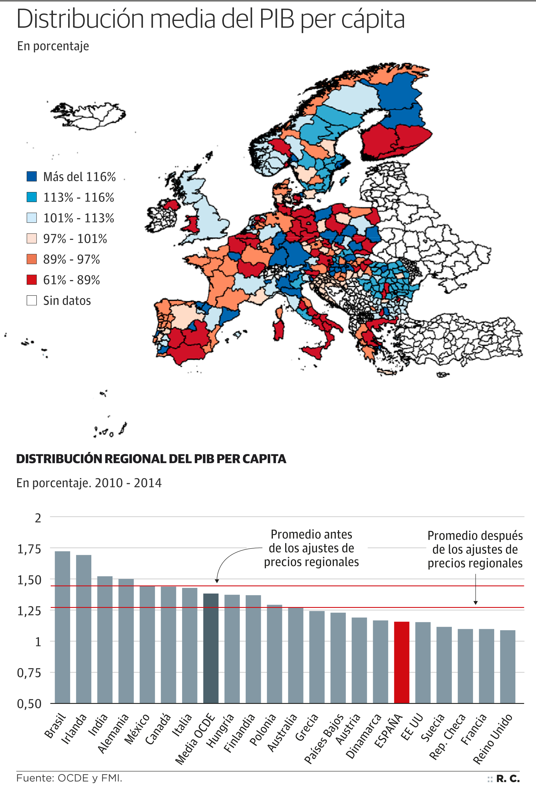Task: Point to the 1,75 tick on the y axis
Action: [x=29, y=549]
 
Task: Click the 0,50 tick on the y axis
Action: [x=29, y=704]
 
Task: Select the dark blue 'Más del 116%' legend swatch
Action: [x=31, y=176]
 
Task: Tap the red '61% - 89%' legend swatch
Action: [x=31, y=280]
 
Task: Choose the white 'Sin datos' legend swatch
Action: [x=31, y=301]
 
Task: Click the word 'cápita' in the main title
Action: [x=373, y=19]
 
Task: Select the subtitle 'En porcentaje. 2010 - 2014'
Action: [x=89, y=483]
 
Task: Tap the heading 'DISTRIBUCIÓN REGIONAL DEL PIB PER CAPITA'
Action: [x=151, y=459]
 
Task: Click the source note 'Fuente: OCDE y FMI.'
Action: [x=69, y=778]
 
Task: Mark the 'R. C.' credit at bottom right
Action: [x=507, y=778]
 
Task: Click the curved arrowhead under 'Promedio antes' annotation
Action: [x=217, y=581]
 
